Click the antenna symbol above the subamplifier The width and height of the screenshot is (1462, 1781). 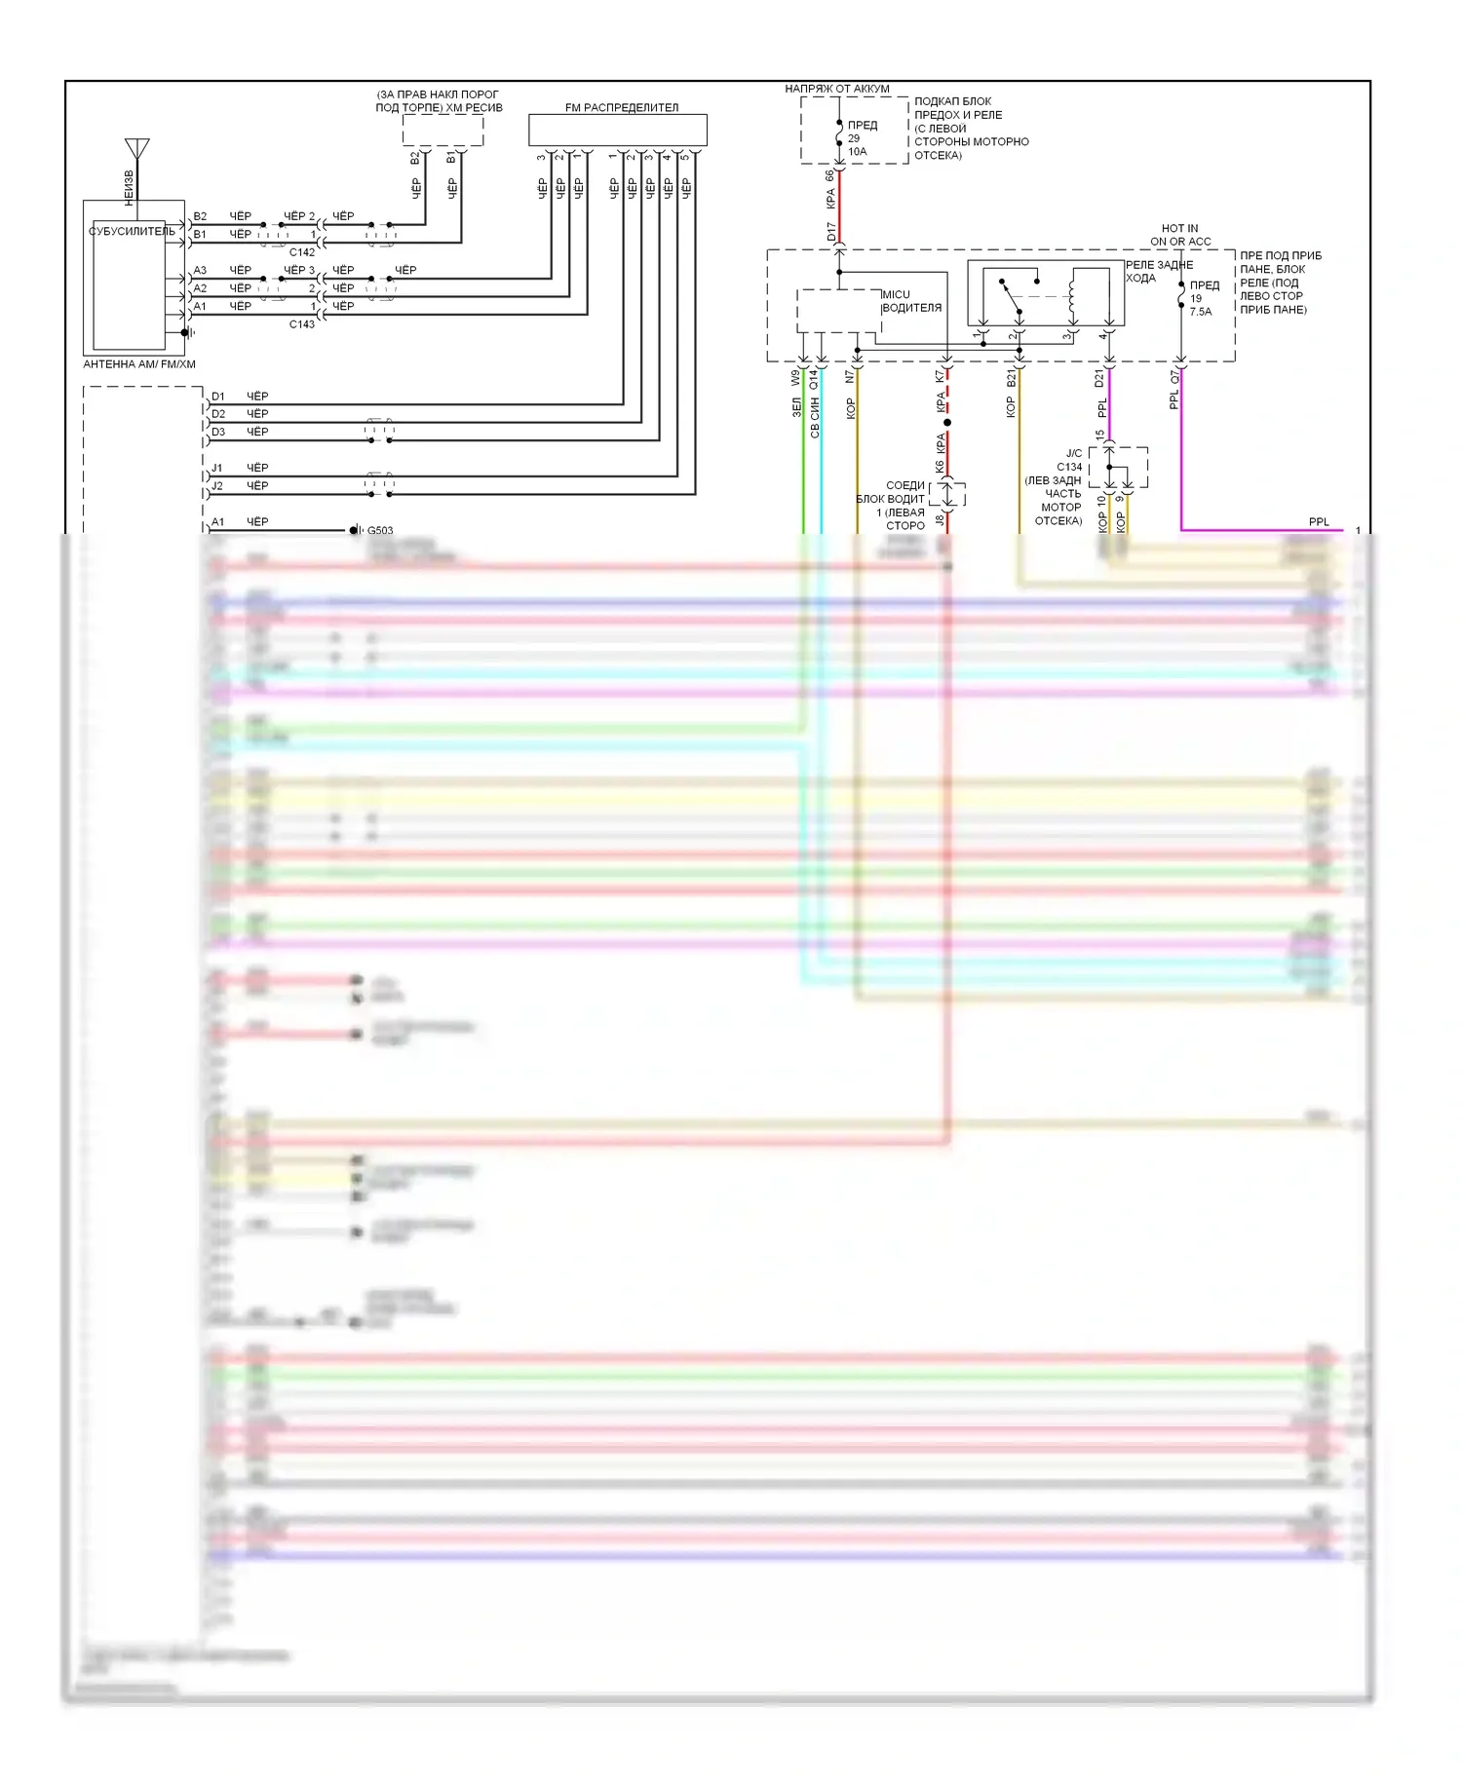[x=136, y=150]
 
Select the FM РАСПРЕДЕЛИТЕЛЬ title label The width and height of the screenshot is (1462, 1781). [x=621, y=107]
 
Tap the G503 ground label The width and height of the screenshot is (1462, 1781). [x=380, y=531]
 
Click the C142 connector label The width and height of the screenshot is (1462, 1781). [x=302, y=252]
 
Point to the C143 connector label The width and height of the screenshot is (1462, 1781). [x=302, y=324]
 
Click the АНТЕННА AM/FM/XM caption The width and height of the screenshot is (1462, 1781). [x=139, y=364]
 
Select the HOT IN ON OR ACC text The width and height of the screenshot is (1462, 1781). [x=1180, y=235]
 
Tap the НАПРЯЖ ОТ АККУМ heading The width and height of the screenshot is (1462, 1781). [x=837, y=89]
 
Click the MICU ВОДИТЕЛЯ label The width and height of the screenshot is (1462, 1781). [x=911, y=301]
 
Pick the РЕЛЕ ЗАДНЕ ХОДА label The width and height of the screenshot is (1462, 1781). [x=1159, y=271]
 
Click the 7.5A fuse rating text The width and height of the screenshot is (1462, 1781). [x=1201, y=312]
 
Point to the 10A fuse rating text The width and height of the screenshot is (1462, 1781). [x=857, y=152]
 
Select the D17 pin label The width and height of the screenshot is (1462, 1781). [x=831, y=232]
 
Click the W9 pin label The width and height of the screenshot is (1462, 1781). [x=795, y=377]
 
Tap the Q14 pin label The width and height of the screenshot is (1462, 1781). [x=814, y=378]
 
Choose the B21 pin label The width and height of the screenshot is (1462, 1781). [x=1011, y=377]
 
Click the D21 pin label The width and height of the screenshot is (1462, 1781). [x=1100, y=377]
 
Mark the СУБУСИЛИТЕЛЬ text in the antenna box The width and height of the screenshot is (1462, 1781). [x=132, y=232]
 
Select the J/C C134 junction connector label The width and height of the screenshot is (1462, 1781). [x=1070, y=460]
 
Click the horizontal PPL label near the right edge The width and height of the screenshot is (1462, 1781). [x=1319, y=522]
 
